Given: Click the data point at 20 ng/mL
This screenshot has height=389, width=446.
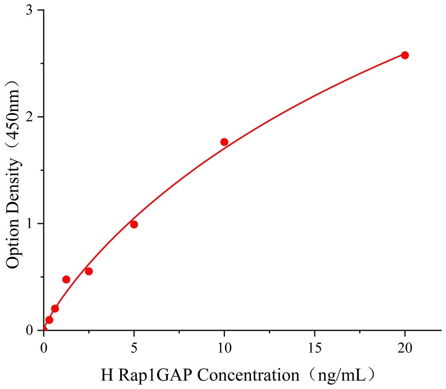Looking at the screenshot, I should tap(405, 55).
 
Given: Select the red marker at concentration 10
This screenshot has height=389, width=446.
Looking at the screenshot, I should tap(224, 142).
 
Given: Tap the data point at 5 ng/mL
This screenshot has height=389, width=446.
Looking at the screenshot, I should tap(134, 224).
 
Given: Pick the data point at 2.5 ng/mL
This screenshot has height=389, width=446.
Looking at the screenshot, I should tap(89, 271).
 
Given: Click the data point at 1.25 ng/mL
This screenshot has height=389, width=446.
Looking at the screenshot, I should tap(66, 279).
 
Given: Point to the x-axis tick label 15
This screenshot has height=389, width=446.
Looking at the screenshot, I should tap(314, 346).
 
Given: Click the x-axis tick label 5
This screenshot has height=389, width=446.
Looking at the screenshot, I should tap(134, 346).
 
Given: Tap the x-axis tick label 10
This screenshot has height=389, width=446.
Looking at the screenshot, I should tap(224, 346).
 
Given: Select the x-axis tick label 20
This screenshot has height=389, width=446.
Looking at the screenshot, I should tap(405, 346).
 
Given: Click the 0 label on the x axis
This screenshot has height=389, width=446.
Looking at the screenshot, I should tap(44, 346).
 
